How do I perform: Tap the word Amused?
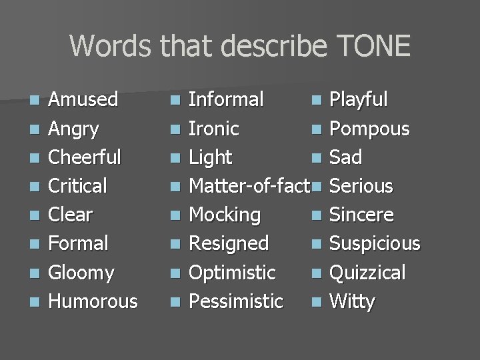83,100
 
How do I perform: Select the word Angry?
73,129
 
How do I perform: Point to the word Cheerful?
85,157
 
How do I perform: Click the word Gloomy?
81,273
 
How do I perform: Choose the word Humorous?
93,301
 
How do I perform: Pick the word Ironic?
214,129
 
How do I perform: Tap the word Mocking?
225,215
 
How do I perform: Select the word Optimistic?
232,273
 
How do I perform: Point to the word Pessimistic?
236,301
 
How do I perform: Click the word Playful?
359,100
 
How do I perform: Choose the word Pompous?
369,129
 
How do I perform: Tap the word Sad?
345,157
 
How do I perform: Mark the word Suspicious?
375,244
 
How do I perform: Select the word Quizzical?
367,273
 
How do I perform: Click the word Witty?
352,301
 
